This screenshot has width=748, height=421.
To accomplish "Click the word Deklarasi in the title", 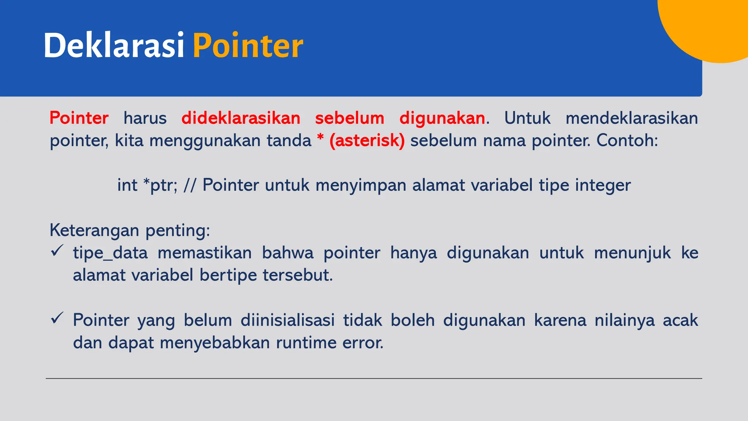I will [x=114, y=46].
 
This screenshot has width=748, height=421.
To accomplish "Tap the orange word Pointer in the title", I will [x=248, y=46].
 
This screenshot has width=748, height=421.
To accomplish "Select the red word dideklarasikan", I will [x=241, y=118].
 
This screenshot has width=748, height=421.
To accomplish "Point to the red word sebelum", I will [x=350, y=118].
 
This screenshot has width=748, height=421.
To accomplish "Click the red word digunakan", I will [x=442, y=118].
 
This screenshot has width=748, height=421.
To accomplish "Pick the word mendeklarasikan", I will [x=631, y=118].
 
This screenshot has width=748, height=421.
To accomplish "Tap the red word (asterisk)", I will [x=367, y=141].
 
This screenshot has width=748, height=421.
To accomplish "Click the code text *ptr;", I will [x=160, y=185].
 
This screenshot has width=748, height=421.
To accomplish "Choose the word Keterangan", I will [x=94, y=231].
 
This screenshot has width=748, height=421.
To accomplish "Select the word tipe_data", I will [x=110, y=253].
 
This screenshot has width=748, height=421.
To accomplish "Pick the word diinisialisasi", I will [x=287, y=321].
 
